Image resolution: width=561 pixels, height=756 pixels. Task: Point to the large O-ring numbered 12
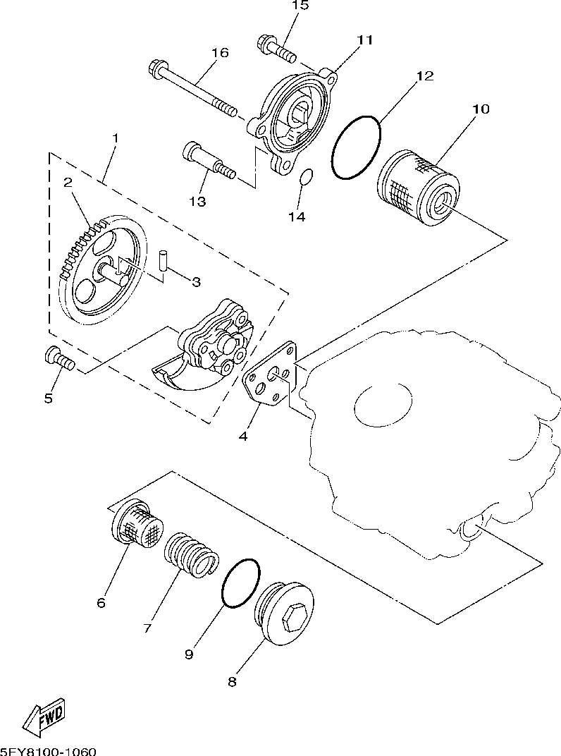[x=356, y=147]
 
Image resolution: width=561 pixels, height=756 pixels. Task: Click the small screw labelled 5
[x=59, y=359]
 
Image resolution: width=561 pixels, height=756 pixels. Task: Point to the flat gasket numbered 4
[x=270, y=374]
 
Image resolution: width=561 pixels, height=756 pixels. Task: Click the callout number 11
[x=364, y=39]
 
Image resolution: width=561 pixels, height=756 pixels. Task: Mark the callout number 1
[x=115, y=137]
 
